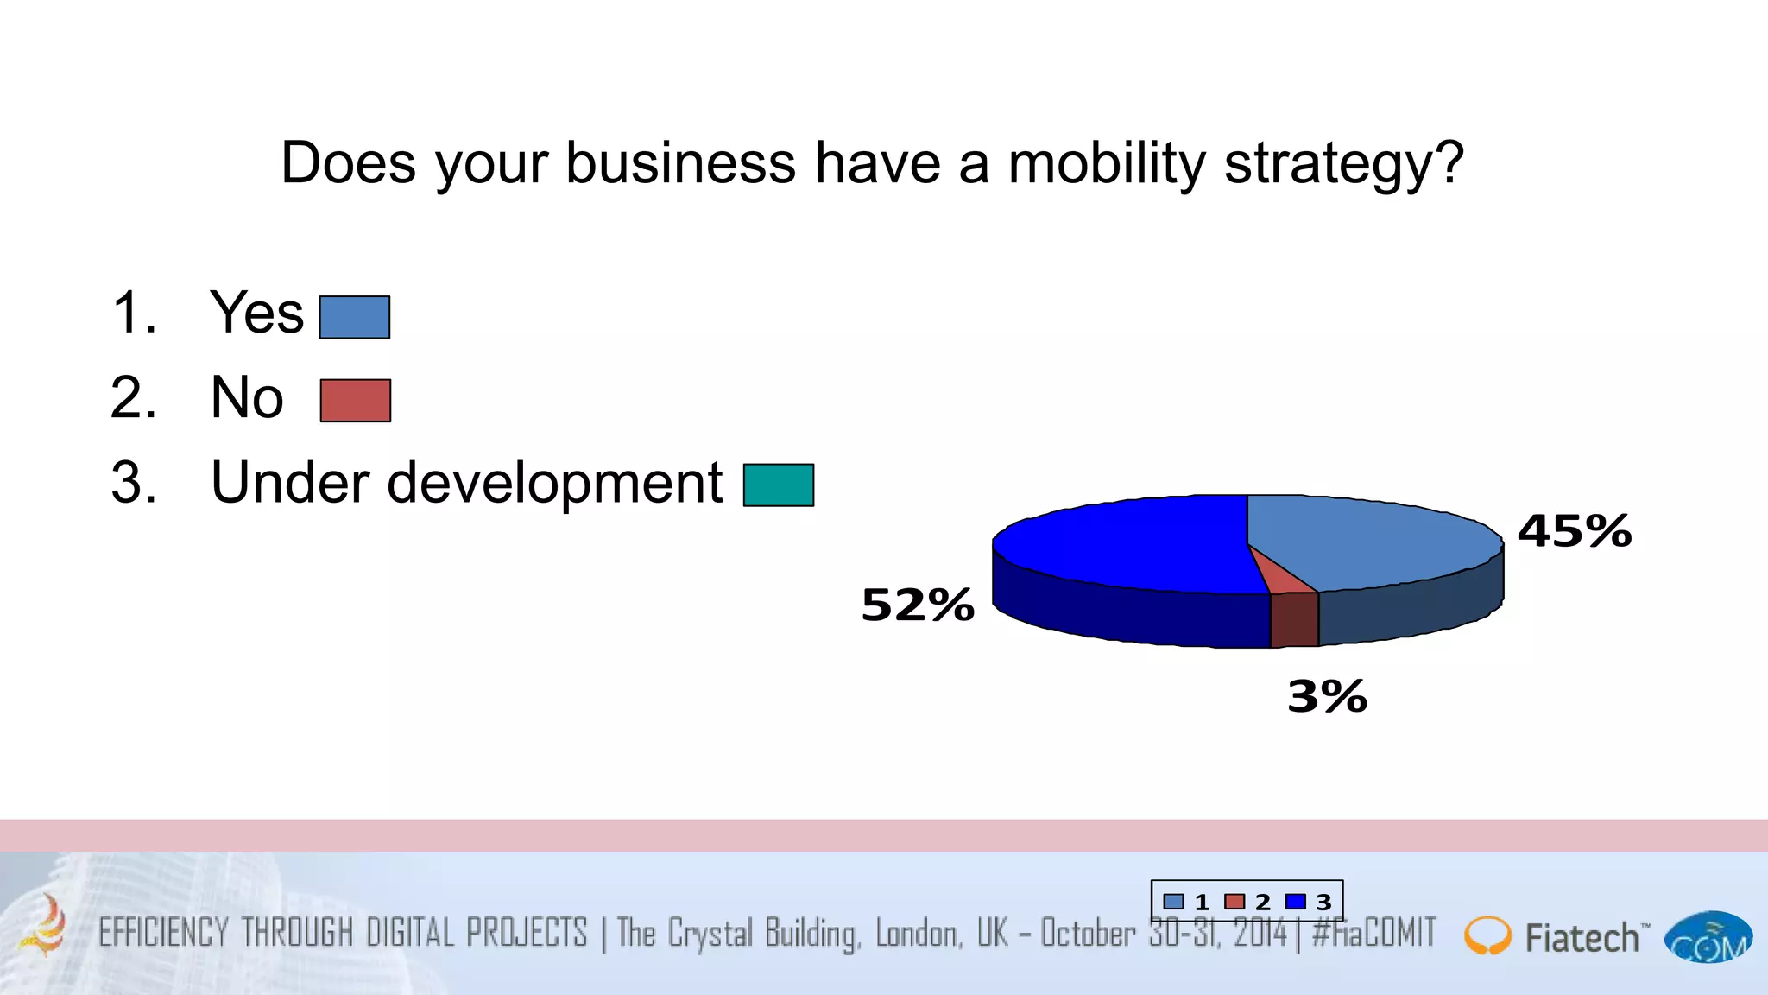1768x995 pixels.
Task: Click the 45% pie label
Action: (x=1575, y=530)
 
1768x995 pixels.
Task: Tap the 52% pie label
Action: (x=918, y=605)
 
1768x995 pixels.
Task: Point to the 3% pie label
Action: (x=1327, y=696)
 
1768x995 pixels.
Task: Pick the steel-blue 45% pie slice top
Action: (x=1373, y=540)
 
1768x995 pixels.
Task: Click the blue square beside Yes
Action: (x=355, y=317)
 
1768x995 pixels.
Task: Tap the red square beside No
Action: (x=356, y=401)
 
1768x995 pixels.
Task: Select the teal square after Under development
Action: (x=779, y=485)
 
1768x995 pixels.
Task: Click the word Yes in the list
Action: (x=257, y=313)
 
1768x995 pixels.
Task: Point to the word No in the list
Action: (x=247, y=397)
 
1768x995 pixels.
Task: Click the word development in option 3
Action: (x=554, y=483)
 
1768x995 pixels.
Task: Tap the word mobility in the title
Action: (x=1106, y=163)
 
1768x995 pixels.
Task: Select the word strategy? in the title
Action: (x=1344, y=163)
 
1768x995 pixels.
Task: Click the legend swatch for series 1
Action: (x=1174, y=902)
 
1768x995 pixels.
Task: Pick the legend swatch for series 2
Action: (x=1234, y=902)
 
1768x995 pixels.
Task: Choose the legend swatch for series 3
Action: (x=1295, y=902)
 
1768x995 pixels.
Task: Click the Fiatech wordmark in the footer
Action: (x=1582, y=938)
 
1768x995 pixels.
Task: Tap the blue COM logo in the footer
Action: (x=1708, y=938)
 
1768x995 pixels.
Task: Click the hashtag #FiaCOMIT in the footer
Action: (x=1373, y=934)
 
